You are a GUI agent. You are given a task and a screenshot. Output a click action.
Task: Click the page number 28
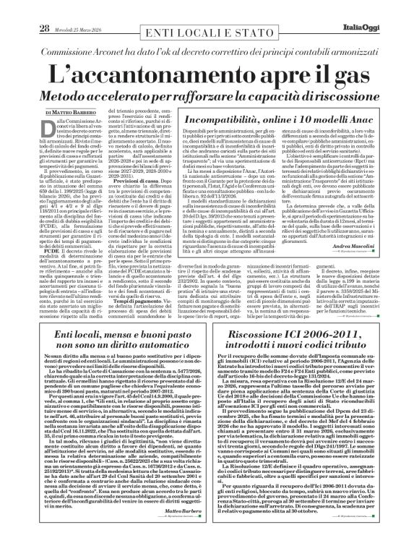pyautogui.click(x=23, y=8)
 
